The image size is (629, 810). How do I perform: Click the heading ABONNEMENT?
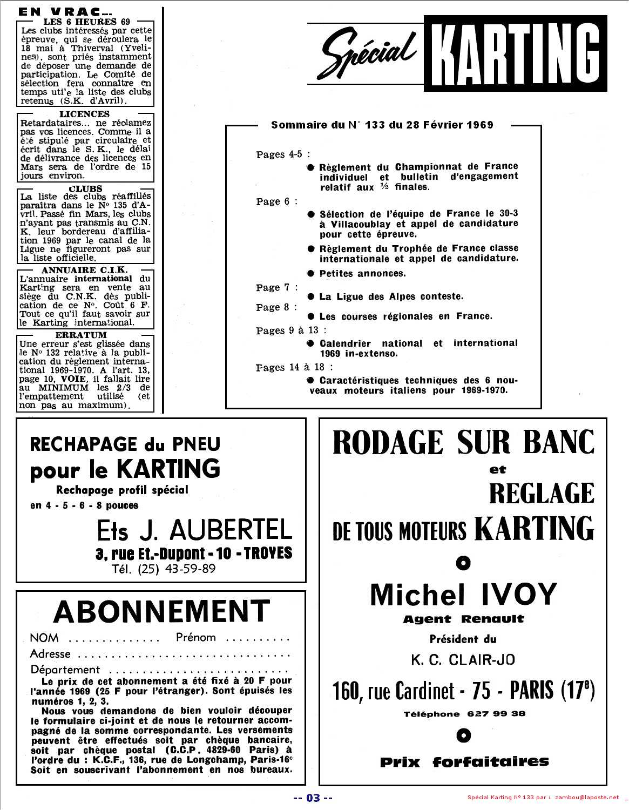(161, 611)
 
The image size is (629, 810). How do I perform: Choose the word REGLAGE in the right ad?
(542, 493)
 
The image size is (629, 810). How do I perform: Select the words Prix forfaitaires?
(464, 762)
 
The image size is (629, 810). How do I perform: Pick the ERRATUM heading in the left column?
(85, 335)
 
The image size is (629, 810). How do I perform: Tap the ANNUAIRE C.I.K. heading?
(85, 269)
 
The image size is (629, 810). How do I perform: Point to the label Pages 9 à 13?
(291, 330)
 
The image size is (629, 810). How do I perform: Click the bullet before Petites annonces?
(310, 273)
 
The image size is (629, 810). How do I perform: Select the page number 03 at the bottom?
(313, 798)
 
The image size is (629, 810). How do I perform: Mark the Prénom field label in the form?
(195, 637)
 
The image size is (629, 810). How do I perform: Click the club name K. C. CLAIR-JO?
(463, 659)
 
